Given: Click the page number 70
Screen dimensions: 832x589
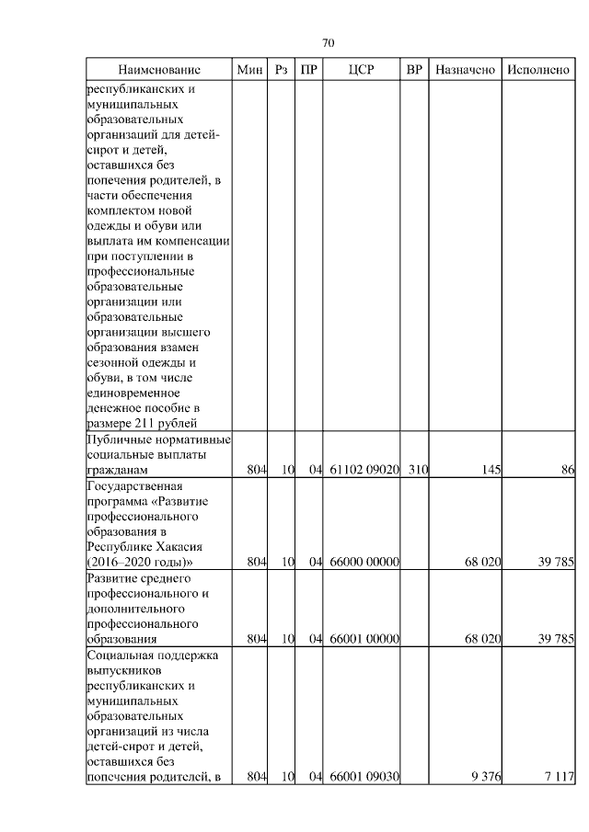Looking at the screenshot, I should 329,43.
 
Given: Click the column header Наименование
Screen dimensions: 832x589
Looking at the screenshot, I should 158,70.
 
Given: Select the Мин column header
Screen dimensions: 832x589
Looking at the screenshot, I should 249,70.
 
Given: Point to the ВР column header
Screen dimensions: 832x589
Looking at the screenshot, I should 415,70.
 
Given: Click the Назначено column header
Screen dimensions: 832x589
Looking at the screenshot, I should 466,70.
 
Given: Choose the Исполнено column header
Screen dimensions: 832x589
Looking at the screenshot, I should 537,70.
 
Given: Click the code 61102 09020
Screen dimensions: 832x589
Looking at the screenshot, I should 364,471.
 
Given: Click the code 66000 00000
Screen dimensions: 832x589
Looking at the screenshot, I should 364,562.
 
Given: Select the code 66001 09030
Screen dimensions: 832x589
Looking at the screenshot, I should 364,777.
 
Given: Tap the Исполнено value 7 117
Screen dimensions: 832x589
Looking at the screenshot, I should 559,777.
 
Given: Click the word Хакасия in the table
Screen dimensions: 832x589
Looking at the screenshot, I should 176,547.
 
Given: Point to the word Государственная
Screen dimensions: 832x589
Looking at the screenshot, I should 135,485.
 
